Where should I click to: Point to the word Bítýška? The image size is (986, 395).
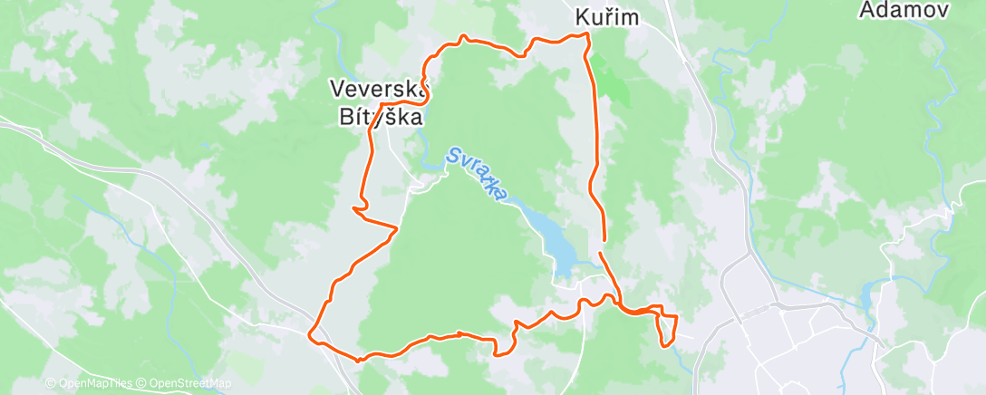(380, 116)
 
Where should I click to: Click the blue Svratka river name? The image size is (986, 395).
(477, 175)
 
